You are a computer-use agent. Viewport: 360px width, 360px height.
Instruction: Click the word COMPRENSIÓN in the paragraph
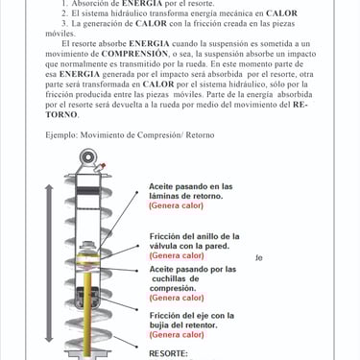134,54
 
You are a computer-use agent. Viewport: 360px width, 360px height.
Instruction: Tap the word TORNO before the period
60,114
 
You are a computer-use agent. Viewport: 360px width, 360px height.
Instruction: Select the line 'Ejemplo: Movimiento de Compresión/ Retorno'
130,135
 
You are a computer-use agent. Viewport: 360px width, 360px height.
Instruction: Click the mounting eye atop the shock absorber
88,157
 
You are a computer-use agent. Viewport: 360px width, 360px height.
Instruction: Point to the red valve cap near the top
103,166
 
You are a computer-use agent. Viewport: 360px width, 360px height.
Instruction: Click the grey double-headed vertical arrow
49,263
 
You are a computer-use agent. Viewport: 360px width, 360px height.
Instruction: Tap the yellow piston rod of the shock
87,315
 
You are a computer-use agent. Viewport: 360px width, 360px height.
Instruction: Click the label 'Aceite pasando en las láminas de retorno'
191,191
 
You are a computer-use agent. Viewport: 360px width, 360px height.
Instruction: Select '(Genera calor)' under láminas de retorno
176,205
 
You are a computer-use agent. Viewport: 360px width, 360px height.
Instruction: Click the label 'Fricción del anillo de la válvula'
195,241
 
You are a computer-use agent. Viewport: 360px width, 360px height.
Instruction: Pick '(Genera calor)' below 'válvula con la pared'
177,255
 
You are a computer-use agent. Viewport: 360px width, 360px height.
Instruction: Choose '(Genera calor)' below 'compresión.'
177,298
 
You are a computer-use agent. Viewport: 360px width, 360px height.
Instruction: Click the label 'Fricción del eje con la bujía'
192,321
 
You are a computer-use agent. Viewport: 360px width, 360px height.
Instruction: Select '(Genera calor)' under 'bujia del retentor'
177,335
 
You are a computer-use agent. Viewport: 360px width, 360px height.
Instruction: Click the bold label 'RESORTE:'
168,353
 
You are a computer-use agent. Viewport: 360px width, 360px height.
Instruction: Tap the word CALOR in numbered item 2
281,13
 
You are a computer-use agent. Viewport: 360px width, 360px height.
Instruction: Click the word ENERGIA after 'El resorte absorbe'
149,43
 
